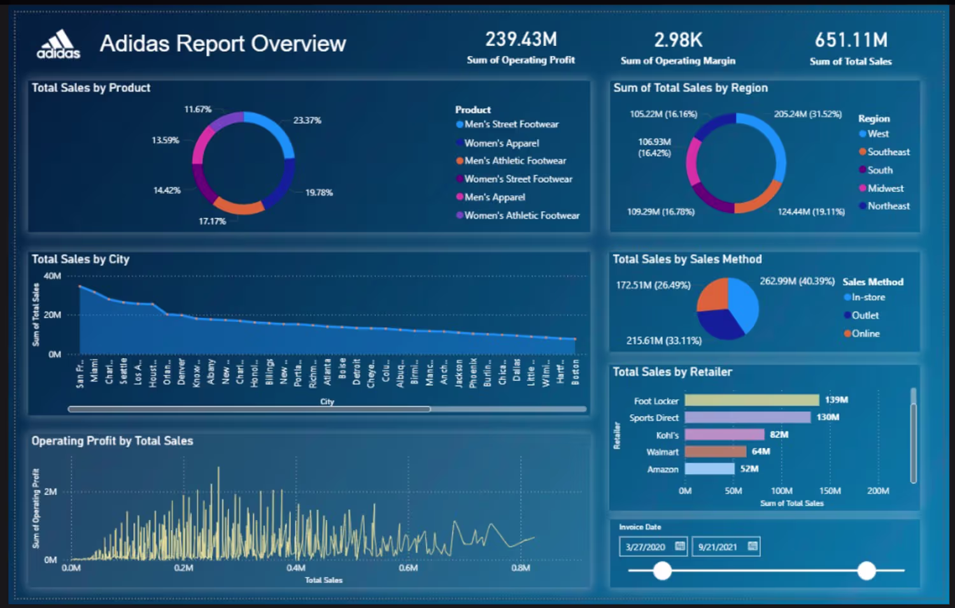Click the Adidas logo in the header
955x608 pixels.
click(59, 45)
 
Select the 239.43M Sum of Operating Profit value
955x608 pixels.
click(521, 40)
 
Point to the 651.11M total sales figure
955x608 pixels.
click(851, 40)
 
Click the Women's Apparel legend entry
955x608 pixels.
click(501, 143)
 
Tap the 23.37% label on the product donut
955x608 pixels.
click(307, 120)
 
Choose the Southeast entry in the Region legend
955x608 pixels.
click(888, 152)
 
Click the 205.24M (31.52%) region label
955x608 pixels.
click(807, 114)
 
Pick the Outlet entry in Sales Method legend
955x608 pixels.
click(865, 315)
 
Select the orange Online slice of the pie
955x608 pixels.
click(713, 295)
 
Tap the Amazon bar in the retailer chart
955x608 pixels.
click(709, 469)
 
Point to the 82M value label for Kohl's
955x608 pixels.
click(779, 435)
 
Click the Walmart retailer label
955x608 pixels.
click(662, 452)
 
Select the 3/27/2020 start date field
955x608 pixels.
click(646, 547)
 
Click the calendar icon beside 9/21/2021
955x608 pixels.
click(753, 546)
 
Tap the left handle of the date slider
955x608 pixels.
click(662, 570)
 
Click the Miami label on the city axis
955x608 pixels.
click(94, 371)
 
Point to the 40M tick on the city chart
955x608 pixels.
click(52, 276)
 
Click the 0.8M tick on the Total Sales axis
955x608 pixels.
click(520, 568)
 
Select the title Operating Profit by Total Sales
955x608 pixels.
click(112, 441)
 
